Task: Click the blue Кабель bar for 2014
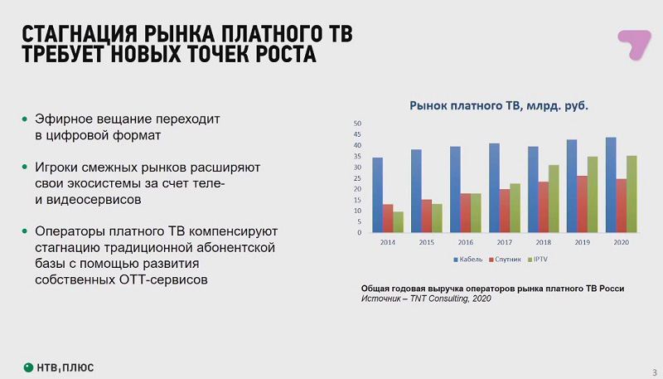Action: (x=378, y=195)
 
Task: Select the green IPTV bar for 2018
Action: (x=554, y=199)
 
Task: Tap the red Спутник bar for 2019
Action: (x=583, y=204)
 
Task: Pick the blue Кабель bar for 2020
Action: (x=611, y=185)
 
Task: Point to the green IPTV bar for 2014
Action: (x=399, y=222)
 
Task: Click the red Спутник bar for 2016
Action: (x=466, y=213)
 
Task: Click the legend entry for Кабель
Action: (x=467, y=260)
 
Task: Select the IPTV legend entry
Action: (x=538, y=260)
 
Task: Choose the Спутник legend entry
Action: (x=505, y=260)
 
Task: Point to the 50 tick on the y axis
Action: (x=358, y=124)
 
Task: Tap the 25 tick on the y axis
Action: (x=358, y=178)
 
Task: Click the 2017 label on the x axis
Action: (x=505, y=242)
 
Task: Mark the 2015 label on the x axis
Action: (x=427, y=242)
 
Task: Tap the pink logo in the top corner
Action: (x=634, y=45)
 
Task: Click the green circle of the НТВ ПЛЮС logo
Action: (x=28, y=367)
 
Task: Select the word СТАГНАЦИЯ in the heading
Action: (x=80, y=35)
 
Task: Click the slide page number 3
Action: (x=655, y=372)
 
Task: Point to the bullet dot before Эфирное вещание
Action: (x=25, y=119)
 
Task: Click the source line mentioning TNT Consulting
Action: (x=426, y=299)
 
